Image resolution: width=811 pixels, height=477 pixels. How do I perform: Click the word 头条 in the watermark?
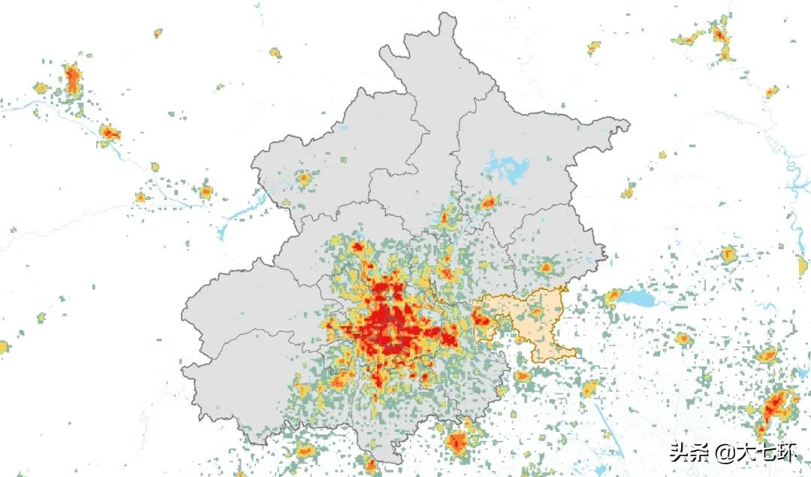tap(689, 452)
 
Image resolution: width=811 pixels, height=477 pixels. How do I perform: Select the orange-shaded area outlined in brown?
tap(537, 319)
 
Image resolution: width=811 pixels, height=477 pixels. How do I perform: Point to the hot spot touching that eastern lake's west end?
tap(613, 296)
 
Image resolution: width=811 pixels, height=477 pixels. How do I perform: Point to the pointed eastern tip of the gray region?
tap(627, 124)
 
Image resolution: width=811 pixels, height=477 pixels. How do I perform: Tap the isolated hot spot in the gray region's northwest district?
tap(304, 179)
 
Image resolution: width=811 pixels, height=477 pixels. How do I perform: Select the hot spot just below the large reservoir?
tap(489, 202)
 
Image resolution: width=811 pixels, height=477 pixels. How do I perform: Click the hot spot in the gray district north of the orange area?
tap(547, 266)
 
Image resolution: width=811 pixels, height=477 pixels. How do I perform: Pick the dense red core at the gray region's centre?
tap(390, 323)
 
